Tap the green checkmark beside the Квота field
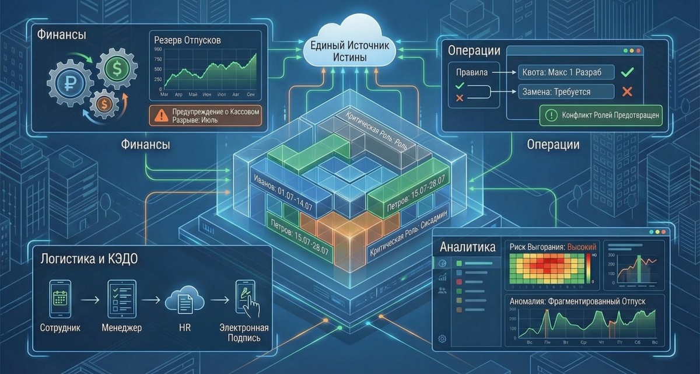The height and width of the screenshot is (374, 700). [x=628, y=73]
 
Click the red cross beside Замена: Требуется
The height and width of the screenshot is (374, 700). [x=628, y=92]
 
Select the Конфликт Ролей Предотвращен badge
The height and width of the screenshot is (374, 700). [x=601, y=115]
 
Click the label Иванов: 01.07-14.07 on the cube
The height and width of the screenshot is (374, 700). [x=280, y=187]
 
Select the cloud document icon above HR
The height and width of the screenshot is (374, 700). [x=180, y=300]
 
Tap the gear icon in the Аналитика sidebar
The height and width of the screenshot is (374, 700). [x=442, y=338]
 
